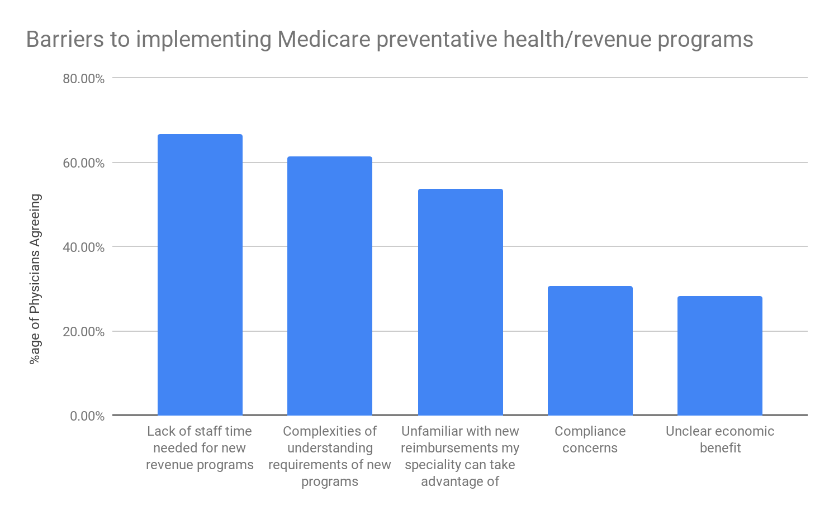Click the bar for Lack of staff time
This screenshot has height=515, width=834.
click(x=200, y=275)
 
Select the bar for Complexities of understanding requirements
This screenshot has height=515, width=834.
click(x=329, y=286)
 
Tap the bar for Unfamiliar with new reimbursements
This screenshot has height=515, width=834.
click(x=460, y=302)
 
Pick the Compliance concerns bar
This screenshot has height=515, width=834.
click(x=590, y=351)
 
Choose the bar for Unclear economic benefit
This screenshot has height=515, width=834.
click(x=719, y=356)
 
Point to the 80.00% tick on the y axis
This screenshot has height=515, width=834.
click(x=83, y=79)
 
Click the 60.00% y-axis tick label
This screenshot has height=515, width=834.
click(x=83, y=163)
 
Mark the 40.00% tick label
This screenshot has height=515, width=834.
click(x=83, y=247)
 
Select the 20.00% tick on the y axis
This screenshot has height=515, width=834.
click(x=83, y=332)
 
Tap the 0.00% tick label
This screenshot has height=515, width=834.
click(x=87, y=416)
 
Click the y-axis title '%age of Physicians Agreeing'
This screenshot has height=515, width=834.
click(x=35, y=279)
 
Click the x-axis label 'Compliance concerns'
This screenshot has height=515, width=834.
click(x=590, y=440)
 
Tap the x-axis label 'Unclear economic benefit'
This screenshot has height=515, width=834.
click(x=719, y=440)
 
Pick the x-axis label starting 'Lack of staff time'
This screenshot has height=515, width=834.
click(x=200, y=448)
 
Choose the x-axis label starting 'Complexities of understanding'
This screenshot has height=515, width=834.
click(x=329, y=456)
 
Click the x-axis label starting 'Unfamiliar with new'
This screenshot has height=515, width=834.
click(x=460, y=456)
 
